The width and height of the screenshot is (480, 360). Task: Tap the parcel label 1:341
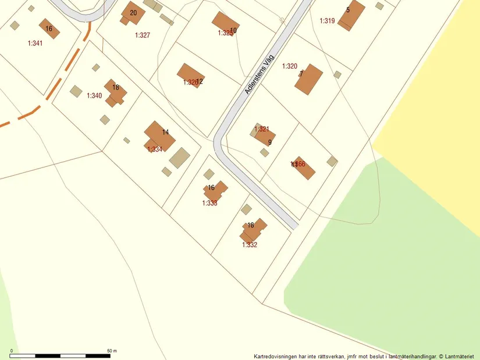pos(35,43)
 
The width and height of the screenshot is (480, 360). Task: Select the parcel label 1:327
pos(143,35)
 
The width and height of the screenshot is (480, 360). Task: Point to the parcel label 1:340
pos(94,95)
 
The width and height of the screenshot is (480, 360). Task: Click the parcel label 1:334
pos(155,149)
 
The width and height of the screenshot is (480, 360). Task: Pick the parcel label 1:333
pos(210,203)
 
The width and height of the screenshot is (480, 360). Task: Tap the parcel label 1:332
pos(250,245)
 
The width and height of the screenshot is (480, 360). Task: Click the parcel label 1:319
pos(327,21)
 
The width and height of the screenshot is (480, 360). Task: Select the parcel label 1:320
pos(290,66)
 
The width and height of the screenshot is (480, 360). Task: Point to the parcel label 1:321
pos(262,129)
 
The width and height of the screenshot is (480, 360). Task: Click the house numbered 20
pos(133,14)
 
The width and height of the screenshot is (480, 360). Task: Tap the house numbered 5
pos(351,15)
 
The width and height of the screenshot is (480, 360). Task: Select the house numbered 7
pos(308,79)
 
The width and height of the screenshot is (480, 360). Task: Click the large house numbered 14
pos(159,136)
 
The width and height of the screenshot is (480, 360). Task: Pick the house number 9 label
pos(270,142)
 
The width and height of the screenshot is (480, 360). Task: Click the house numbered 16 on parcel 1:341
pos(49,28)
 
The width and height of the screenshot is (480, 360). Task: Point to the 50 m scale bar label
pos(112,351)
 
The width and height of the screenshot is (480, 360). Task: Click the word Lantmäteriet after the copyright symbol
pos(461,356)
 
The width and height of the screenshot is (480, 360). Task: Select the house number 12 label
pos(200,81)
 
